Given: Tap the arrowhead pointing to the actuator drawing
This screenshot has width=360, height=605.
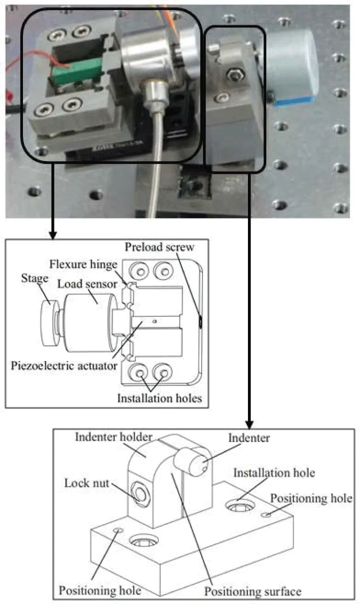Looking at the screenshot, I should [x=53, y=235].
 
